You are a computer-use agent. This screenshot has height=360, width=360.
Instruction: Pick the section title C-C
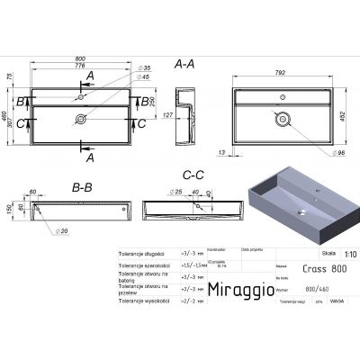click(x=184, y=181)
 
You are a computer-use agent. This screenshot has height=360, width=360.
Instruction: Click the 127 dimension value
click(x=166, y=114)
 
